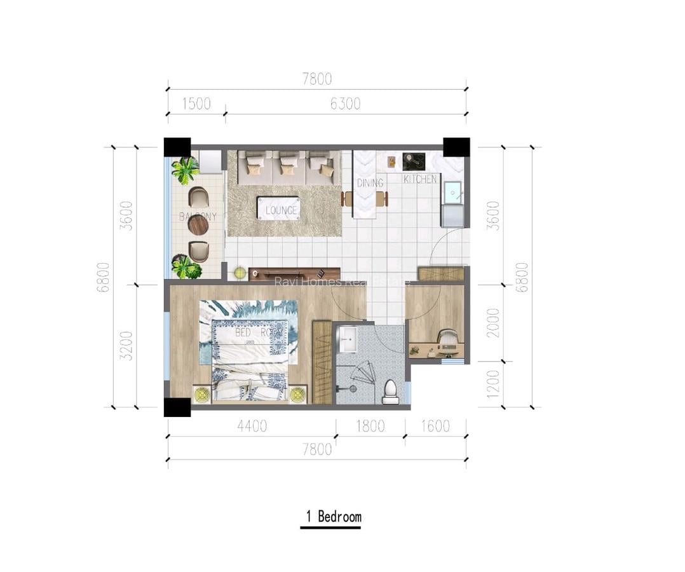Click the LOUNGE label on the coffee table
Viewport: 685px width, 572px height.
(x=281, y=210)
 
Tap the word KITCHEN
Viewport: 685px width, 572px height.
(x=421, y=179)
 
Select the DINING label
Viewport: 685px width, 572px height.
(x=370, y=183)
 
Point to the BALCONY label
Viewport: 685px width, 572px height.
(x=198, y=217)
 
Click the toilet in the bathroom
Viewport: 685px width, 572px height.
(x=391, y=392)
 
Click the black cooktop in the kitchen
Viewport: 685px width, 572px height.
(x=414, y=161)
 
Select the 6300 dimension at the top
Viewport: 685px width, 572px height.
(x=345, y=104)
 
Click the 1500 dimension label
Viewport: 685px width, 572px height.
(x=196, y=104)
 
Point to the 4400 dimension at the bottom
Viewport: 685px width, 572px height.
(x=252, y=426)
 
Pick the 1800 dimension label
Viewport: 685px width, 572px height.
(x=370, y=426)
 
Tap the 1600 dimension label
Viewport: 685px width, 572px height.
(x=435, y=426)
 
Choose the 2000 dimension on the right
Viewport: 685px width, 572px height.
(x=493, y=322)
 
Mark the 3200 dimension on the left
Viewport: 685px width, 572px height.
(x=126, y=345)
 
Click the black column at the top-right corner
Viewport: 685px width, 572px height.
(x=456, y=147)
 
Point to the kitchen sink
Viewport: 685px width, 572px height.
(x=453, y=191)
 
